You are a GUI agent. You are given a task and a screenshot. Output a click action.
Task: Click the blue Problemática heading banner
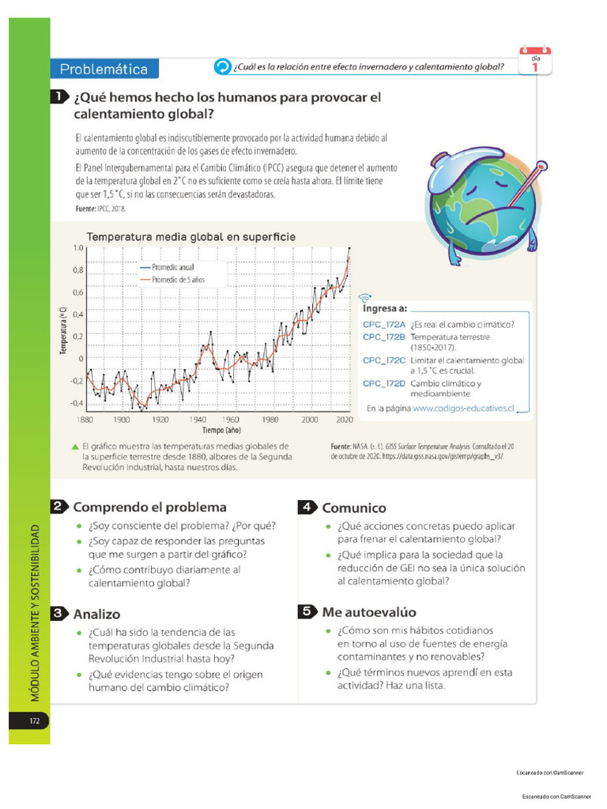pyautogui.click(x=104, y=69)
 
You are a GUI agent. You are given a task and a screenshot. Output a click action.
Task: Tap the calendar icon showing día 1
pyautogui.click(x=535, y=62)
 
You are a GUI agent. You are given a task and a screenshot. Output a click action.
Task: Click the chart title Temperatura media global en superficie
pyautogui.click(x=190, y=236)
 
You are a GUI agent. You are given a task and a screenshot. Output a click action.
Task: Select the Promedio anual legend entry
pyautogui.click(x=171, y=268)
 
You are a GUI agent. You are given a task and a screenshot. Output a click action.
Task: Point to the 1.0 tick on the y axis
pyautogui.click(x=77, y=248)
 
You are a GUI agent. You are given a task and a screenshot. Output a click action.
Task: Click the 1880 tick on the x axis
pyautogui.click(x=85, y=420)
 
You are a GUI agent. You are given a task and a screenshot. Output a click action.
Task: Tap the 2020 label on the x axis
pyautogui.click(x=344, y=420)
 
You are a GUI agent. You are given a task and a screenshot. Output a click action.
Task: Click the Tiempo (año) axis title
pyautogui.click(x=221, y=431)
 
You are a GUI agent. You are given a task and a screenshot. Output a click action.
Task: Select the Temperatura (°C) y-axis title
pyautogui.click(x=62, y=331)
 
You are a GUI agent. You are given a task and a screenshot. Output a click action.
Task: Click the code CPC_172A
pyautogui.click(x=383, y=325)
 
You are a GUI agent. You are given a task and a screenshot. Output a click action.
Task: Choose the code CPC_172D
pyautogui.click(x=383, y=383)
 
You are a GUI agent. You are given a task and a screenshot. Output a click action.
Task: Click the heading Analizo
pyautogui.click(x=96, y=613)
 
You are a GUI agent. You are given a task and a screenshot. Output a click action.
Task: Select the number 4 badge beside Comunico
pyautogui.click(x=307, y=508)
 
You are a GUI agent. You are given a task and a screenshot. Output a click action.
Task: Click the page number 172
pyautogui.click(x=35, y=721)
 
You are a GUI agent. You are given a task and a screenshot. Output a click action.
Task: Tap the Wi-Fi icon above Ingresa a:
pyautogui.click(x=364, y=298)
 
